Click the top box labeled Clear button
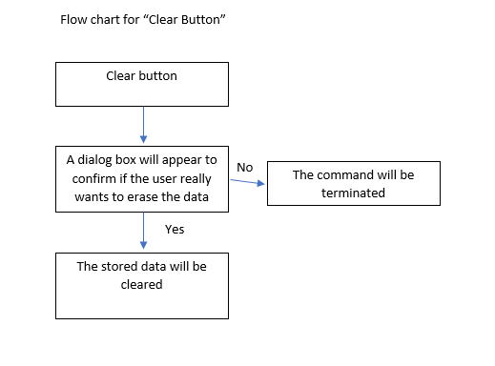[x=142, y=84]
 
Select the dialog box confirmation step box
[x=142, y=177]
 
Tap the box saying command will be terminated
[x=352, y=183]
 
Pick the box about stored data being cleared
[x=142, y=284]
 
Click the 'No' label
[x=244, y=167]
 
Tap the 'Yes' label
[x=175, y=230]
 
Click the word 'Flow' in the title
[x=74, y=19]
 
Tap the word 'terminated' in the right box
[x=352, y=192]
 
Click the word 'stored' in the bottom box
[x=120, y=266]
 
